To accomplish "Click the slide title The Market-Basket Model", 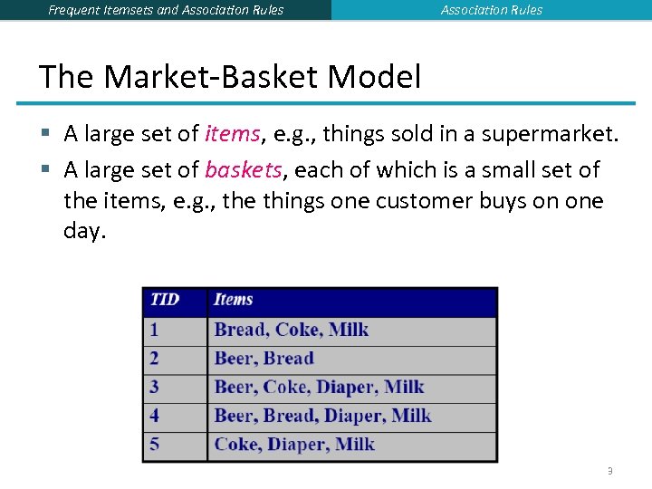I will point(230,77).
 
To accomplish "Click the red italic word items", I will point(233,134).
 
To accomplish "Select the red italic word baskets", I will point(244,169).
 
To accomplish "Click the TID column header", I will point(165,300).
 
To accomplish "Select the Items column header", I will point(234,300).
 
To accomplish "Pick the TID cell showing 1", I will point(155,330).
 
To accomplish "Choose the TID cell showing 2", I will point(155,359).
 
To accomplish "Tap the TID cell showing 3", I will point(155,387).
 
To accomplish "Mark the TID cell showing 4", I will point(155,416).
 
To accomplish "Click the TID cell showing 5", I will point(155,445).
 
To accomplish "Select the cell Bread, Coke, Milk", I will point(291,330).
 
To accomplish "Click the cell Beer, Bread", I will point(264,359).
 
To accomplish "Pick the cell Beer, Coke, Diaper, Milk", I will point(319,387).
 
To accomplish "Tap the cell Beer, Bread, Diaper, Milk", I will point(322,416).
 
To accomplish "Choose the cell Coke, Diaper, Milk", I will point(294,445).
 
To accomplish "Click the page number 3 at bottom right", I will point(609,471).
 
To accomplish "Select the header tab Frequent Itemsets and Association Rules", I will point(166,10).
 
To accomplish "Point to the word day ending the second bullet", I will point(83,231).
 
